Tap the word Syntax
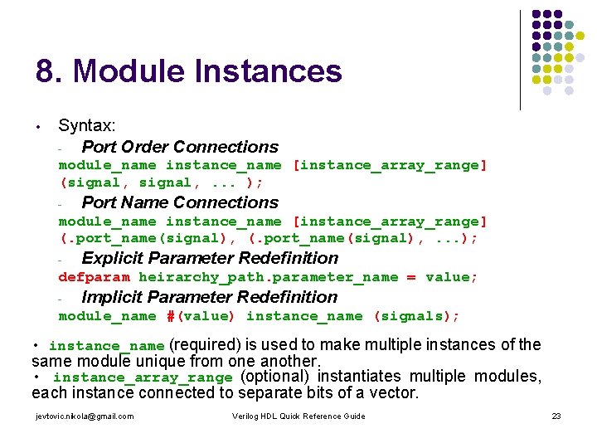coord(87,126)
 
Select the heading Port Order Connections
coord(180,147)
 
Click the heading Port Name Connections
coord(180,202)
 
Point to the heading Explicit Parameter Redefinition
coord(210,258)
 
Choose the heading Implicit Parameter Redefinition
coord(209,297)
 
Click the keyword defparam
coord(94,277)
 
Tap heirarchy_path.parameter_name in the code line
coord(268,277)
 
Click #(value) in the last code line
coord(201,316)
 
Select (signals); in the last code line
coord(416,316)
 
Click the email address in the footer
coord(85,416)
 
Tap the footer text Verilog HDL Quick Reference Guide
coord(298,416)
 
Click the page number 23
coord(556,416)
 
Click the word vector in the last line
coord(393,392)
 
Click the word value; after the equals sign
coord(451,277)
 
